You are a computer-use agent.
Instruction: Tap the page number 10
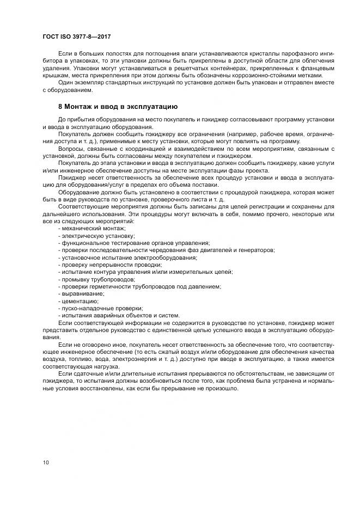click(x=47, y=462)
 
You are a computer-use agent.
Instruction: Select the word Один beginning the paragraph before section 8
click(x=65, y=83)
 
